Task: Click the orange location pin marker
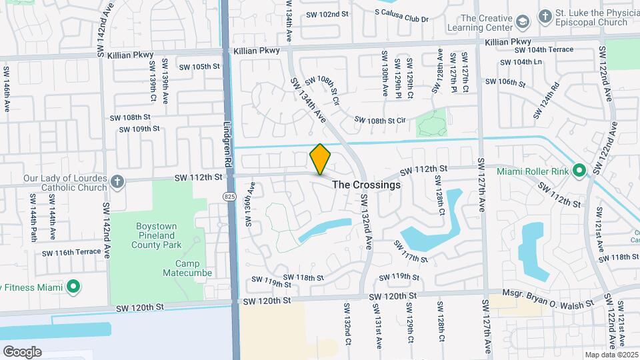click(321, 159)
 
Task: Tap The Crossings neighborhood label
click(367, 185)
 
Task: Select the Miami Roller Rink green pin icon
click(579, 171)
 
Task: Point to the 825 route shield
click(229, 196)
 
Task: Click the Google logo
click(22, 351)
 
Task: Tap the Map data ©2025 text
click(611, 355)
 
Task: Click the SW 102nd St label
click(327, 14)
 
